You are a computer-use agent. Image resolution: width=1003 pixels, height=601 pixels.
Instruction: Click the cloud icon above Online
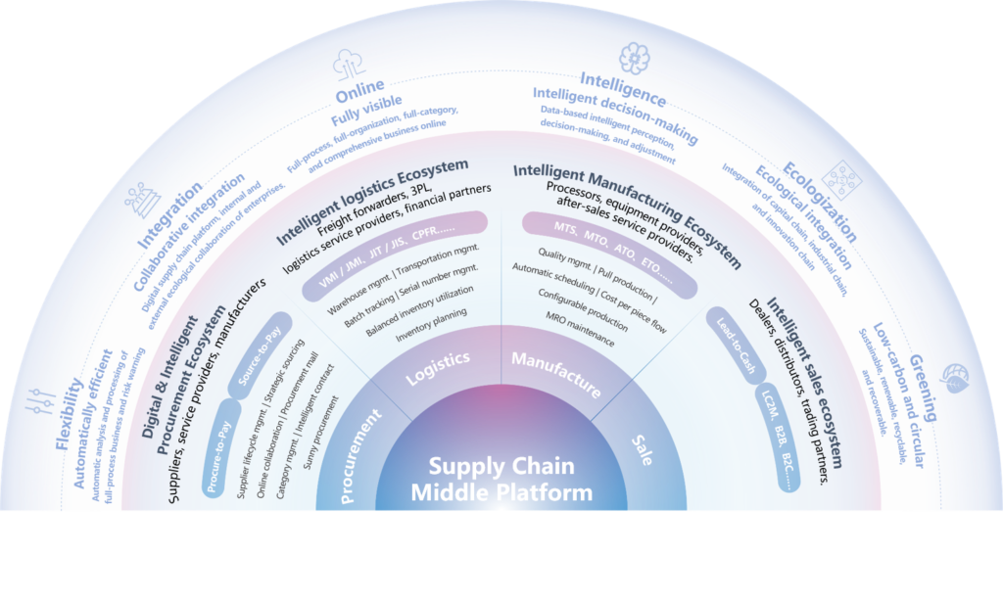(x=349, y=65)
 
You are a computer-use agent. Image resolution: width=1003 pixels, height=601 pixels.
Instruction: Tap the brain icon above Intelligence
(x=634, y=58)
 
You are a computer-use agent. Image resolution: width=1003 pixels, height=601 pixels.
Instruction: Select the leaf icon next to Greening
(x=954, y=378)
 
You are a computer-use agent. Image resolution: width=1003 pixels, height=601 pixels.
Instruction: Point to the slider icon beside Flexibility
(x=41, y=401)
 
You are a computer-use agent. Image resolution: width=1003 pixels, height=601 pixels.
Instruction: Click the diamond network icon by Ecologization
(x=841, y=180)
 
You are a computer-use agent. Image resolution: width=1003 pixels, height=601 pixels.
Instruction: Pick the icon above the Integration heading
(x=143, y=200)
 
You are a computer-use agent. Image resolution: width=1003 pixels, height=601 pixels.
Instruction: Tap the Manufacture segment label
(x=556, y=374)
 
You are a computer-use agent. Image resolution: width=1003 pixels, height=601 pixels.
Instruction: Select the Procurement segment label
(x=359, y=456)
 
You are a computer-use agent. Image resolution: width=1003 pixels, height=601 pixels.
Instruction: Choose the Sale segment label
(x=643, y=450)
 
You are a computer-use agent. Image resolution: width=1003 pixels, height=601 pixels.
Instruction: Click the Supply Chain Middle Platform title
(x=501, y=479)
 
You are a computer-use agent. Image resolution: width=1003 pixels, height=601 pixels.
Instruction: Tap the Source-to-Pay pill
(x=260, y=355)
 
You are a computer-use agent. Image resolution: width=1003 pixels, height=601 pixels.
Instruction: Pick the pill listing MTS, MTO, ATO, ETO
(x=609, y=254)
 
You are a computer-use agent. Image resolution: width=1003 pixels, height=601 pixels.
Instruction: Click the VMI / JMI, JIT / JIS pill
(x=395, y=255)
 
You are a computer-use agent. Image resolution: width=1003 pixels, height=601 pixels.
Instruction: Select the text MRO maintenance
(x=580, y=329)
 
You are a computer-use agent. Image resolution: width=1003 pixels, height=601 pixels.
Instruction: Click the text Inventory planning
(x=431, y=325)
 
